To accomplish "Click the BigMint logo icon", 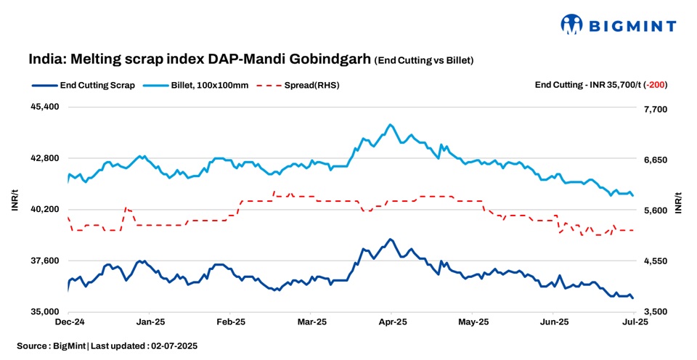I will tap(572, 24).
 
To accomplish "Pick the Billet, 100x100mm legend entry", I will tap(209, 85).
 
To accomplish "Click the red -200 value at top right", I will tap(657, 85).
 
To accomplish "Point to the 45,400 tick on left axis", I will tap(44, 107).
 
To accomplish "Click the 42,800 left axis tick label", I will tap(44, 158).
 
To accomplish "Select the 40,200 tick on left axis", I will tap(44, 209).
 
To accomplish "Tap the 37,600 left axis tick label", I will tap(44, 261).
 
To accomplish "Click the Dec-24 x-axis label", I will tap(70, 321).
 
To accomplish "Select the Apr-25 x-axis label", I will tap(393, 321).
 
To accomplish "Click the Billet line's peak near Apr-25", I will tap(391, 125).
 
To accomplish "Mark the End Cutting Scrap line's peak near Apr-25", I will tap(391, 239).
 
